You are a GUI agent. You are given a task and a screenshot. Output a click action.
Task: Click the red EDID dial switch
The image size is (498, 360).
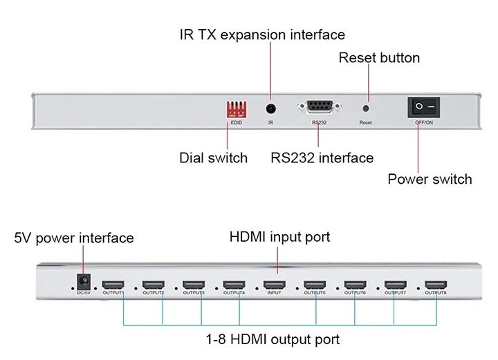237,109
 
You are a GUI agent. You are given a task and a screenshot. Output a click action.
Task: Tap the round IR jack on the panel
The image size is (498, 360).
271,108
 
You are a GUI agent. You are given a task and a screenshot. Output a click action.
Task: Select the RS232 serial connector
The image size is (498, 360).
319,108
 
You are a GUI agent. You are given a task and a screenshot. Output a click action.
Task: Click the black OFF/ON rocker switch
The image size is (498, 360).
424,107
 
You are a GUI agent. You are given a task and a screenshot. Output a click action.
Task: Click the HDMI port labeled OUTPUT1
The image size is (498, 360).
113,285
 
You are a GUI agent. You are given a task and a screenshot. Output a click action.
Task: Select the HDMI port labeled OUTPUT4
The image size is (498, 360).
234,285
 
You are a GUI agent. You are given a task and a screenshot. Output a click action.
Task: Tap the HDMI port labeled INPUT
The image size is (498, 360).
274,285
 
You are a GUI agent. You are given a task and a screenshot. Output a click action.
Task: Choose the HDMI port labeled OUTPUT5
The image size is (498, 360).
315,285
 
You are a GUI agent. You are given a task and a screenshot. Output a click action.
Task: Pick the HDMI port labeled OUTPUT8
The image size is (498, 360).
436,285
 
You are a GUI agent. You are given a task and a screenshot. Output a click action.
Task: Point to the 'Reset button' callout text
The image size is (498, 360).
379,57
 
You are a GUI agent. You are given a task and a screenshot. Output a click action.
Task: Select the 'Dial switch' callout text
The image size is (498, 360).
213,158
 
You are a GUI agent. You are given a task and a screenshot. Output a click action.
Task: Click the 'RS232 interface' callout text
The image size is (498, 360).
322,158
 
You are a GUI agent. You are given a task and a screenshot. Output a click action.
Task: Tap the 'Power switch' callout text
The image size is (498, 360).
430,179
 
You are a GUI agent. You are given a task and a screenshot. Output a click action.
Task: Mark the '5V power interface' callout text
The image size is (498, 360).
74,238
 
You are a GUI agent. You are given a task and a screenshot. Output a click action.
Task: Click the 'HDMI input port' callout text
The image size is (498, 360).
279,237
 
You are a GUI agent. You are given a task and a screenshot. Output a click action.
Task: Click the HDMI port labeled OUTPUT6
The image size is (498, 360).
355,285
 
